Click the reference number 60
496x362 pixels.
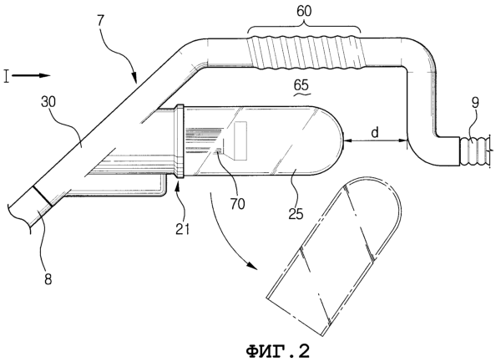click(x=304, y=11)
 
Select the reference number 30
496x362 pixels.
click(x=48, y=102)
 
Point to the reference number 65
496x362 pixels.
click(x=301, y=85)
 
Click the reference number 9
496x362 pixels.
click(x=475, y=103)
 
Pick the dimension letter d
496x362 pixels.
click(x=375, y=132)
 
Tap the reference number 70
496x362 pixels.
click(x=237, y=204)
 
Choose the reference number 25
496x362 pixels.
click(x=296, y=214)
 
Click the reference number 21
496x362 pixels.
click(x=183, y=229)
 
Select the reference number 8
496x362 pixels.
click(x=48, y=279)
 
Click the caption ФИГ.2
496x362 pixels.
click(x=277, y=351)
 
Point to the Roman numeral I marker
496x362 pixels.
click(x=7, y=76)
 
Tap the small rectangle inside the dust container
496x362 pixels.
click(x=240, y=140)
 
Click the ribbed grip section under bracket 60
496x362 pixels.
click(x=306, y=53)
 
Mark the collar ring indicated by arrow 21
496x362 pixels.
click(x=180, y=141)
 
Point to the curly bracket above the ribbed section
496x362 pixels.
click(x=304, y=26)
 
